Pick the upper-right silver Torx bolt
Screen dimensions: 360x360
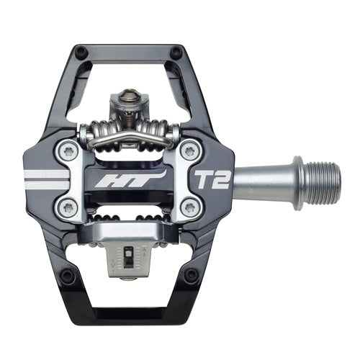pyautogui.click(x=189, y=150)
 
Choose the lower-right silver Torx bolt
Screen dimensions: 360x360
pyautogui.click(x=189, y=207)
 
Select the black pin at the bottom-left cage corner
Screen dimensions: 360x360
pyautogui.click(x=69, y=276)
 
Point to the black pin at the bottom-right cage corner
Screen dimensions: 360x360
pyautogui.click(x=191, y=275)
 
